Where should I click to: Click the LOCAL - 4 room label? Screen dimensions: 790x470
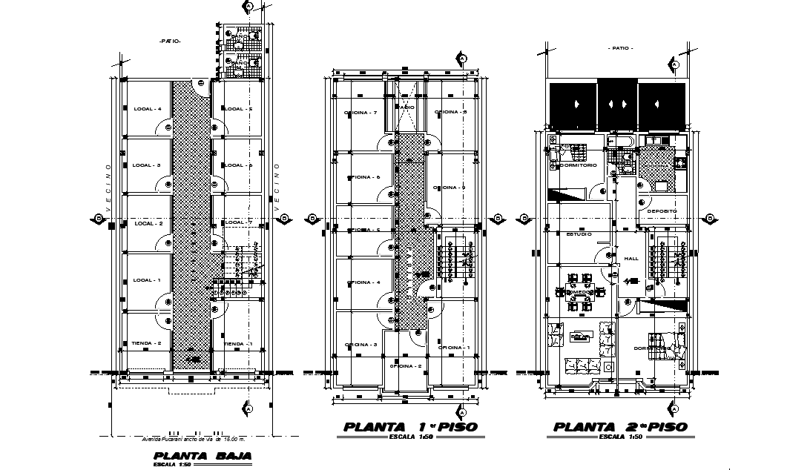click(x=147, y=109)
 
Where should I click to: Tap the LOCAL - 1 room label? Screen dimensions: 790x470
click(x=147, y=280)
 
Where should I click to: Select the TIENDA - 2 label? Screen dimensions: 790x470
click(x=146, y=344)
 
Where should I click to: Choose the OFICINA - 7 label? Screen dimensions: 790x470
click(x=361, y=113)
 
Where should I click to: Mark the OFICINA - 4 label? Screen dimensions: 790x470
click(x=362, y=282)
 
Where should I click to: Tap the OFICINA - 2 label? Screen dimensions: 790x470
click(x=405, y=366)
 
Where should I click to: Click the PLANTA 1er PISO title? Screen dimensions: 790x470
click(x=410, y=427)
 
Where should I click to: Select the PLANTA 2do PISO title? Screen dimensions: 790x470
click(x=620, y=427)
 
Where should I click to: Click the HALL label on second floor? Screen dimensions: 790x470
click(x=631, y=259)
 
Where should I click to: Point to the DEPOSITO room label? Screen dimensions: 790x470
click(x=661, y=211)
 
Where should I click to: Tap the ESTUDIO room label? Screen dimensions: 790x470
click(x=579, y=234)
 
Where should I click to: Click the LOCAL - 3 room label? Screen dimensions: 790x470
click(x=147, y=165)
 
